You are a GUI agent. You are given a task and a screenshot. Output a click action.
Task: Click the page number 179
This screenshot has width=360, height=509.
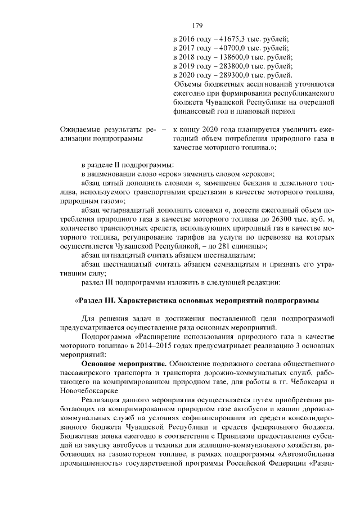(x=197, y=25)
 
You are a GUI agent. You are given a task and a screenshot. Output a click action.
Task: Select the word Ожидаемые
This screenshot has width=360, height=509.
(x=82, y=130)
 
